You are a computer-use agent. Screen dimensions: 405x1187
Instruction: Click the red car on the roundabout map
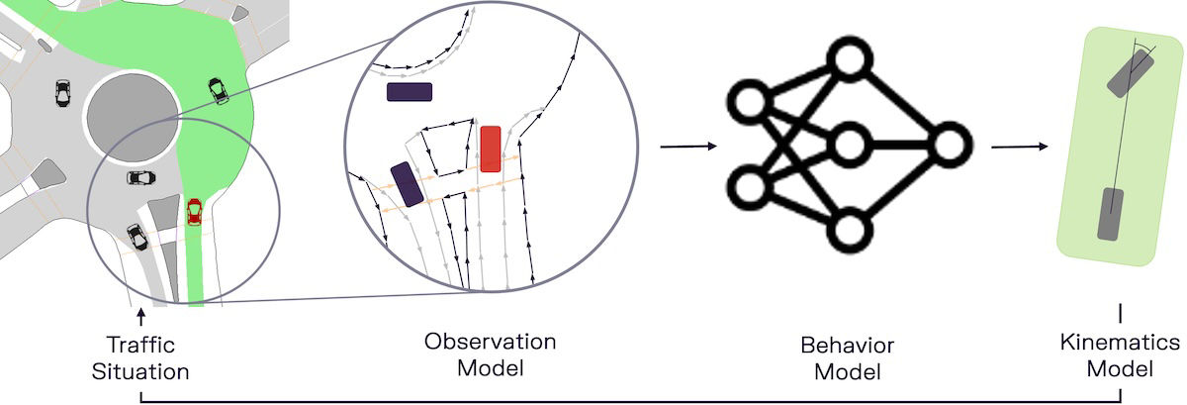[194, 211]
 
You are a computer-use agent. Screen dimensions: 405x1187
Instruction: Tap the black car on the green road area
[218, 91]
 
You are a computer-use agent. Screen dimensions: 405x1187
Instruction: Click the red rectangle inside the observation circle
[490, 150]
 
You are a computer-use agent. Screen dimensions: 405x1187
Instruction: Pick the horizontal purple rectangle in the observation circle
[410, 92]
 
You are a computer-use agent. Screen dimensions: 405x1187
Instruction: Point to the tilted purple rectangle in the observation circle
[407, 184]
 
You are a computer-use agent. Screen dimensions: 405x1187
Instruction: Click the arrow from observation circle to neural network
[688, 147]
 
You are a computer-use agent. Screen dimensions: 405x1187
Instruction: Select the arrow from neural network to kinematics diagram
[1020, 147]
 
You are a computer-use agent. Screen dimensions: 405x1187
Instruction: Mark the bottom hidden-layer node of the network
[849, 229]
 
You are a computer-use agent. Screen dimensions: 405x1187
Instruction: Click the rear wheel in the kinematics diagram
[1109, 213]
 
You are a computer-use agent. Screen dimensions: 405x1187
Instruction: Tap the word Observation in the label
[491, 342]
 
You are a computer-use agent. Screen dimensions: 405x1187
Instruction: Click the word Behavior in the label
[847, 346]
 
